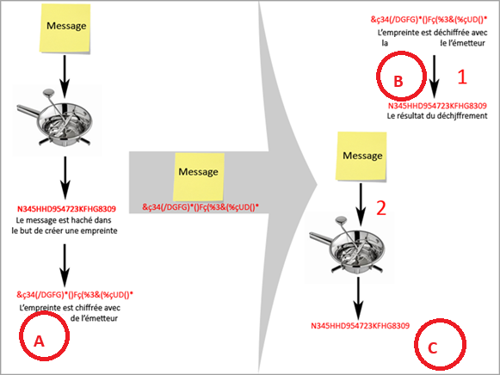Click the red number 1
462,77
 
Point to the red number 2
381,208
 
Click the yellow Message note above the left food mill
65,28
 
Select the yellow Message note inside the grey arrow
198,176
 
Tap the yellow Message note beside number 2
361,157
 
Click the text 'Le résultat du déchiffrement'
437,115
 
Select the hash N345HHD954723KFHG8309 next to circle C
360,326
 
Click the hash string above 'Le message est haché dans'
66,209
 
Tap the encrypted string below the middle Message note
201,207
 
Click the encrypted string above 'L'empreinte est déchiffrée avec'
429,20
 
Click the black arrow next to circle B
434,77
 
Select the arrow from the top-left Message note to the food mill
65,77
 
